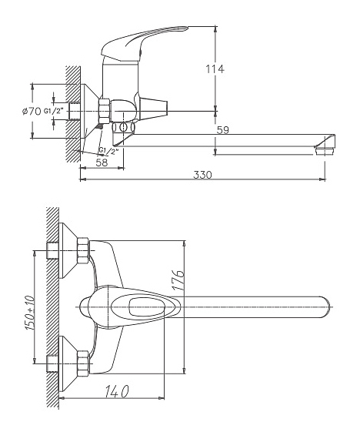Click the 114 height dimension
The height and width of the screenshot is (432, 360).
point(215,69)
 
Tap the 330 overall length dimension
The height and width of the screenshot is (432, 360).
point(202,175)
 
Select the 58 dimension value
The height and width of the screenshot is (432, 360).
point(102,162)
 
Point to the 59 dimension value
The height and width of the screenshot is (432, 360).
point(222,130)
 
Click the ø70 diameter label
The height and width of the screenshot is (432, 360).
point(32,112)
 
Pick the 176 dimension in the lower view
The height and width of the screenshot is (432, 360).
point(178,280)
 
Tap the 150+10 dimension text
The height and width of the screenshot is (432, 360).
point(29,313)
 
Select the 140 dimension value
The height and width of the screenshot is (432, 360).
point(116,391)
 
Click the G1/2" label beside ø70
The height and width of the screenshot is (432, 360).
point(53,111)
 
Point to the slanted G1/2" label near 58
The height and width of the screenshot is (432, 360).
point(108,151)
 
